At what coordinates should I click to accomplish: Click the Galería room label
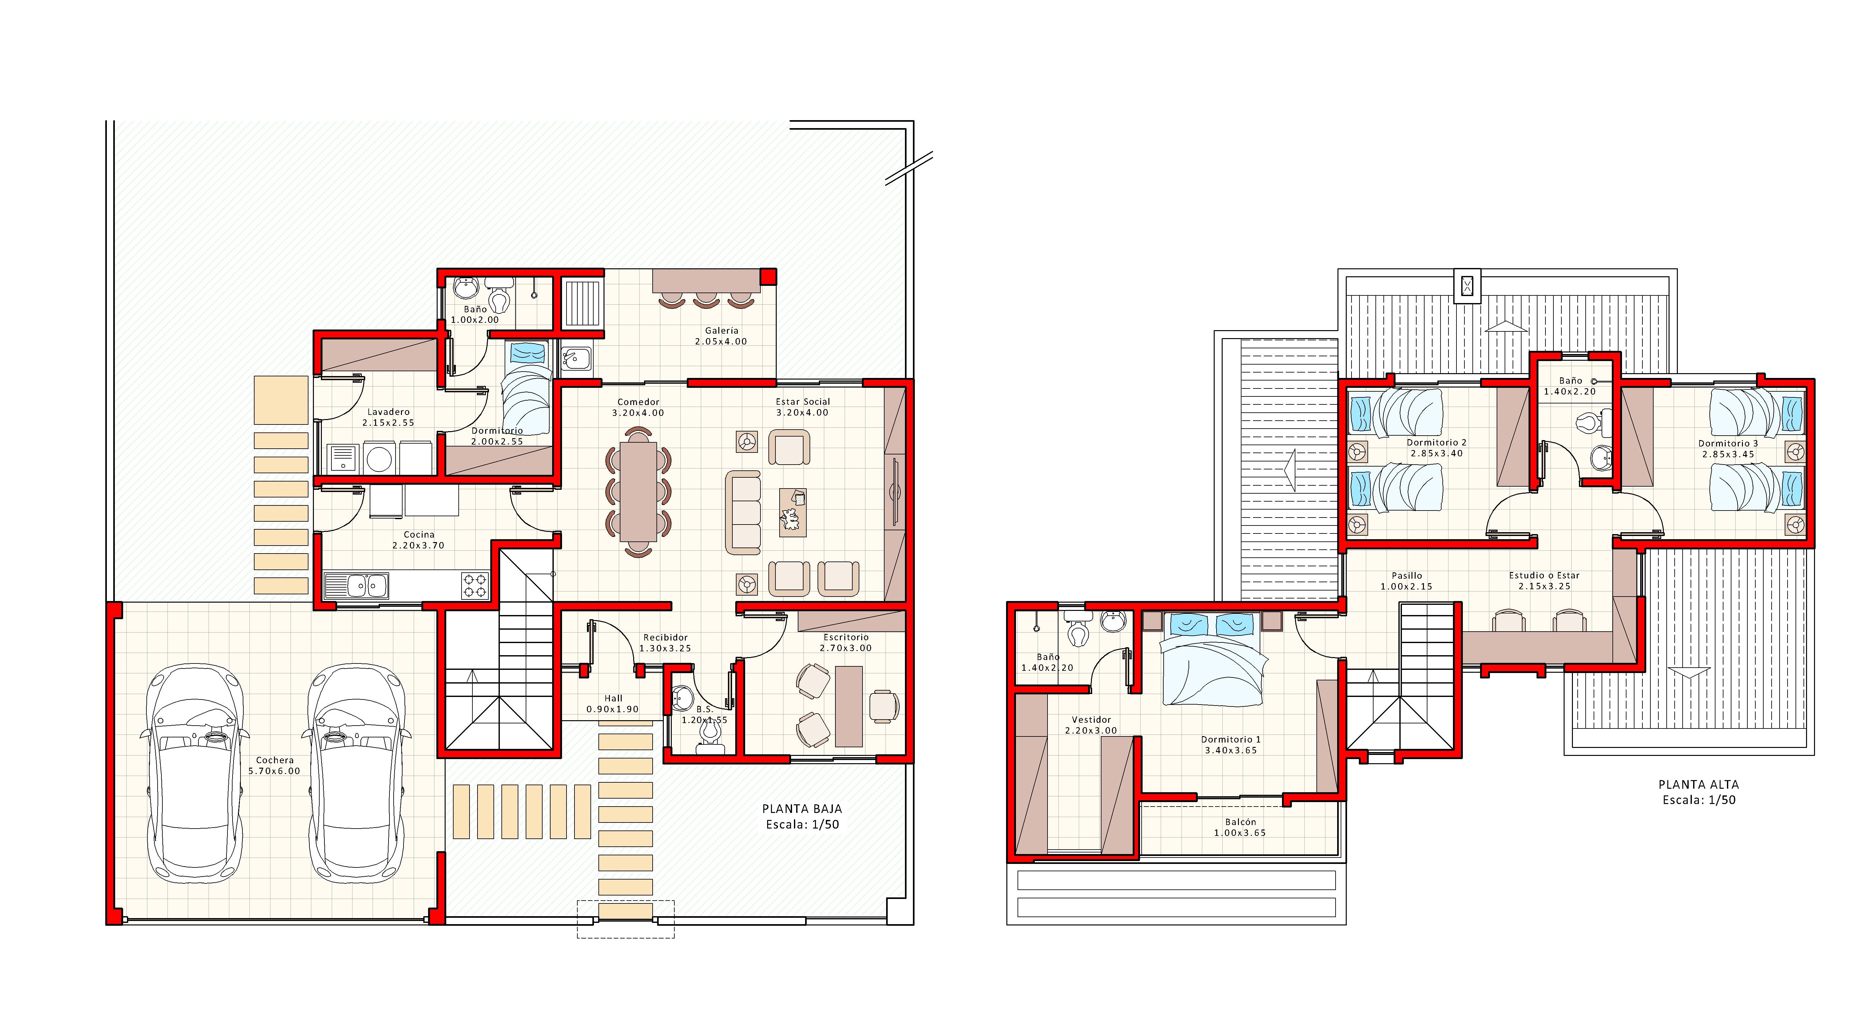721,331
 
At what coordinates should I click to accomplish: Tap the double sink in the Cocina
357,585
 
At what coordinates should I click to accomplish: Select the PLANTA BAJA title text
802,808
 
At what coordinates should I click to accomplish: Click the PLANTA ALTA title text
1698,785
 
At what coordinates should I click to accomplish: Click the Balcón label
1241,822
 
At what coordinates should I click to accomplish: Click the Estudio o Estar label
1544,575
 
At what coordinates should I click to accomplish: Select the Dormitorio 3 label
1728,444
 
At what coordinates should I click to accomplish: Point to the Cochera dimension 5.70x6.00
274,772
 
